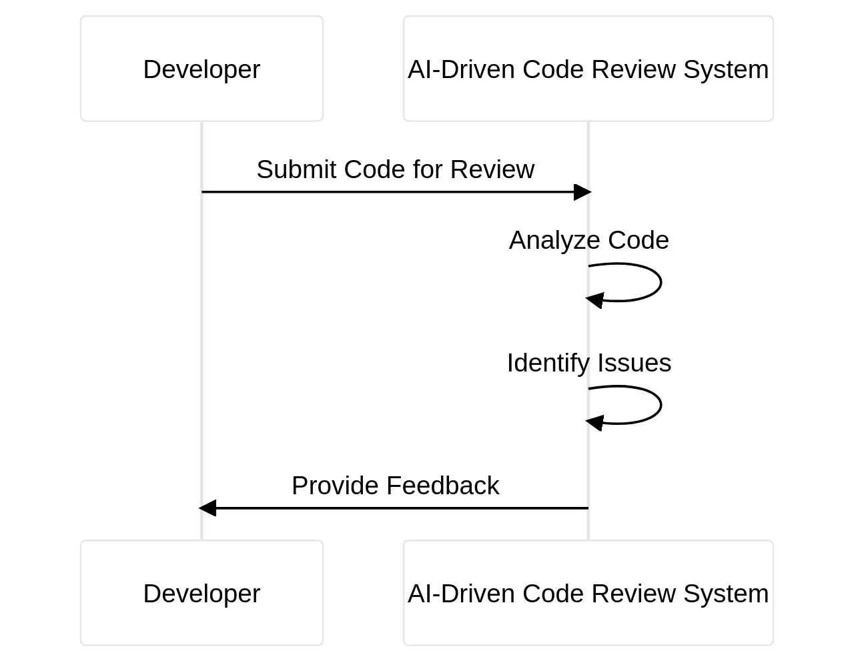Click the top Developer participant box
[x=201, y=69]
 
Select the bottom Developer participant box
[x=201, y=593]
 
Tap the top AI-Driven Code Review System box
[x=588, y=69]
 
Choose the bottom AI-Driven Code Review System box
[x=588, y=593]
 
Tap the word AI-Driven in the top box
[x=461, y=69]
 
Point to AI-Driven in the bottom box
[x=461, y=594]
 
